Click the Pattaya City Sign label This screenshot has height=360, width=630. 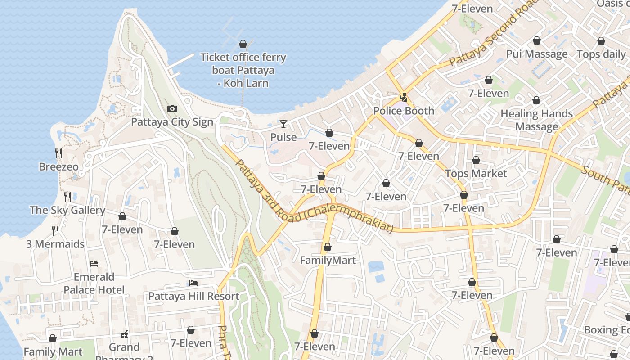pyautogui.click(x=172, y=122)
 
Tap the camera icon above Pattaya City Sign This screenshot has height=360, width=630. pyautogui.click(x=172, y=109)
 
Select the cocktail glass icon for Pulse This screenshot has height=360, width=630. pyautogui.click(x=283, y=124)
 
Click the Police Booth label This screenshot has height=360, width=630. pyautogui.click(x=404, y=111)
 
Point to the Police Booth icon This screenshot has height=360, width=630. pyautogui.click(x=404, y=97)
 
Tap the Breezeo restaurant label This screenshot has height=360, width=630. pyautogui.click(x=58, y=167)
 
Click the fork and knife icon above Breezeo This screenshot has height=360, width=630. pyautogui.click(x=58, y=153)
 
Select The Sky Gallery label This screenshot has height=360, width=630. pyautogui.click(x=67, y=210)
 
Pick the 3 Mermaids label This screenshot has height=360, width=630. pyautogui.click(x=55, y=244)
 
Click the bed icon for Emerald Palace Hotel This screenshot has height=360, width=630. pyautogui.click(x=94, y=264)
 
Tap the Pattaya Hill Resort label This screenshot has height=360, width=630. pyautogui.click(x=193, y=296)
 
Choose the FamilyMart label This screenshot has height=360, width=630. pyautogui.click(x=328, y=261)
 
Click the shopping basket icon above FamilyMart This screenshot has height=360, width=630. pyautogui.click(x=328, y=247)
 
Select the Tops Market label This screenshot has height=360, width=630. pyautogui.click(x=476, y=174)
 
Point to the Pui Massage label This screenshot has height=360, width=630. pyautogui.click(x=536, y=54)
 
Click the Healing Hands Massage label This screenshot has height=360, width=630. pyautogui.click(x=536, y=120)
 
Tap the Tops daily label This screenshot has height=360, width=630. pyautogui.click(x=601, y=54)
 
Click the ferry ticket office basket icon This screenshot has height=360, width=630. pyautogui.click(x=243, y=44)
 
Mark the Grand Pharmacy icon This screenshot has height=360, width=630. pyautogui.click(x=124, y=334)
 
